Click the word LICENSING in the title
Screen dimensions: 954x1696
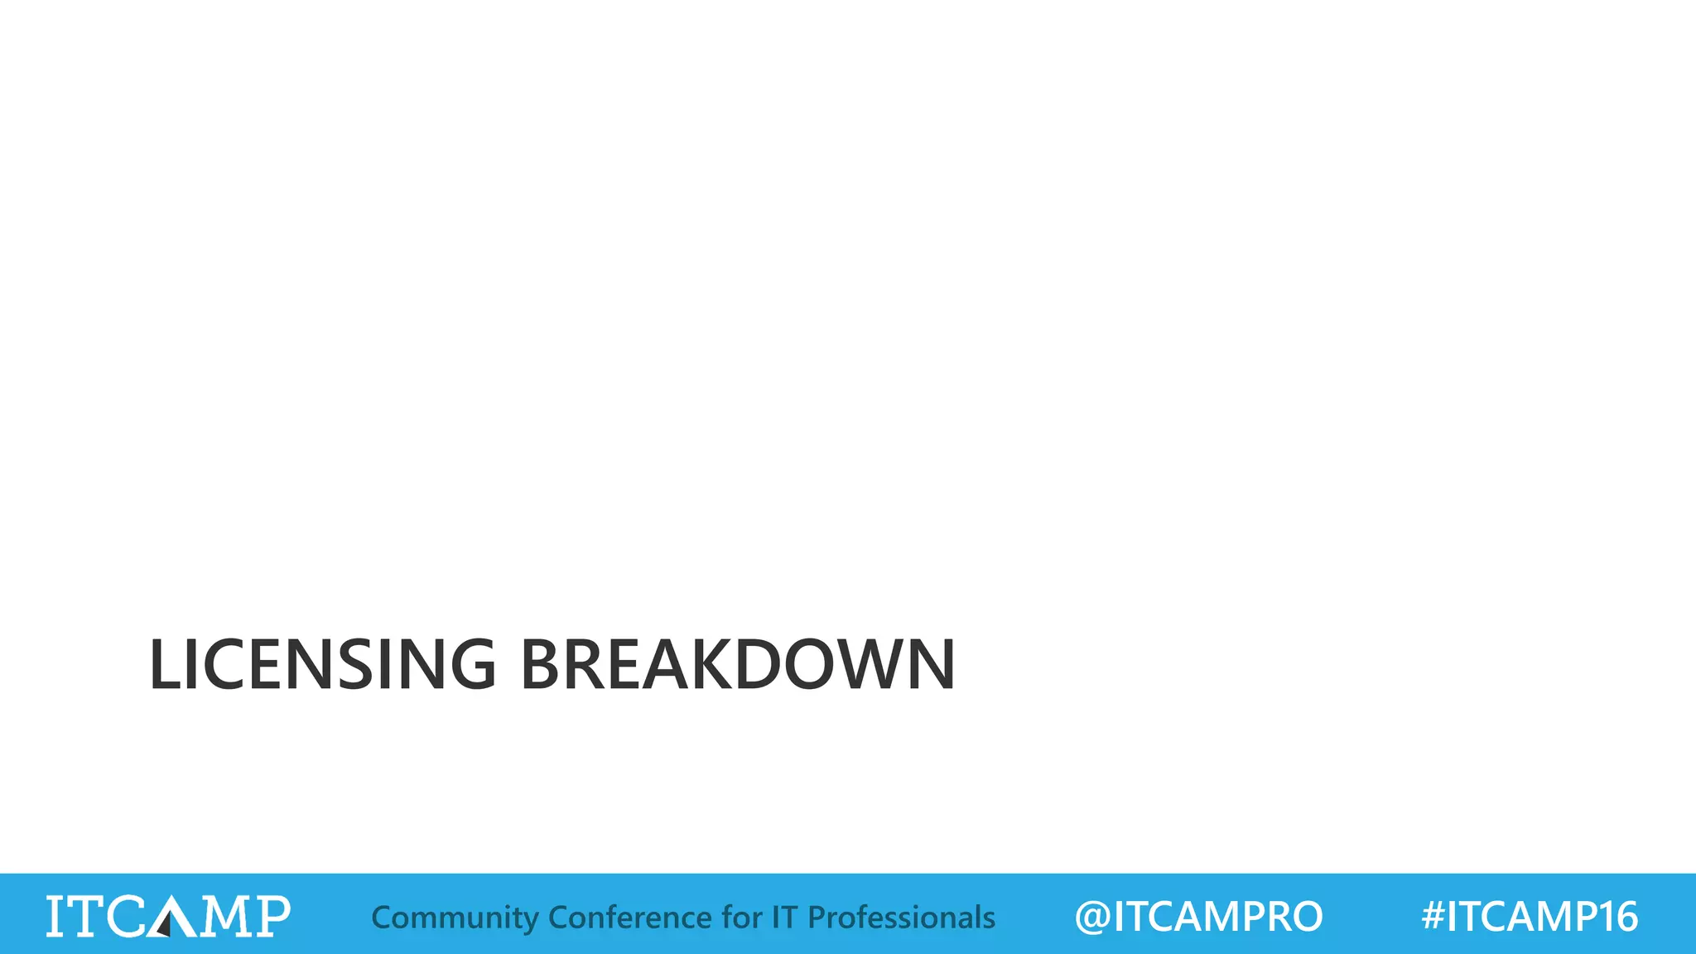322,664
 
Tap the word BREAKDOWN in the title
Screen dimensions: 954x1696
738,664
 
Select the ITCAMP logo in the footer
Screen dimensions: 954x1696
168,916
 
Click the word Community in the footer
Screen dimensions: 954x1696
455,918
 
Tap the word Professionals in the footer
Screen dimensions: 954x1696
901,917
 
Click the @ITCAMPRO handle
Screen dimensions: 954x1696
1198,917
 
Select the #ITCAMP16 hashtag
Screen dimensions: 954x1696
1529,917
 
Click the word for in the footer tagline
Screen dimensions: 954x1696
742,917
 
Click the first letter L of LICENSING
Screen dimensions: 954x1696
166,664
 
